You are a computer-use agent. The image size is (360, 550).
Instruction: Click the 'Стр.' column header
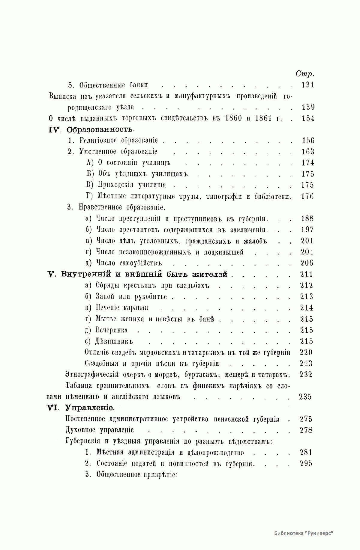305,73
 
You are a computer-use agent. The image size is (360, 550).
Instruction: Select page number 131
307,85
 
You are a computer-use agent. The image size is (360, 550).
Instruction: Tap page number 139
307,107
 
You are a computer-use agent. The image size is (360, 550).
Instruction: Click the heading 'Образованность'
100,129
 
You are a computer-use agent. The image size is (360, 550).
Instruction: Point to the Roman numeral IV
55,129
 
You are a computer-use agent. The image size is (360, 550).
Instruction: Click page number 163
307,152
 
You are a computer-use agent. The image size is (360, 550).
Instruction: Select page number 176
307,197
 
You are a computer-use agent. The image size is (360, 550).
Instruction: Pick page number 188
307,219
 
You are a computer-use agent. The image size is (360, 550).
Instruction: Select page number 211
307,274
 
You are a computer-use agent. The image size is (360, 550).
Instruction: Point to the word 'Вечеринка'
111,330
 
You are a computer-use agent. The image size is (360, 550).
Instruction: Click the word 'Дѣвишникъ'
114,341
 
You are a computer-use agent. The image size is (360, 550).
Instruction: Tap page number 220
306,352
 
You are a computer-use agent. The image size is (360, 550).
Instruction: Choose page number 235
305,397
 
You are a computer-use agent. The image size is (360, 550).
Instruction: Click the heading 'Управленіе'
89,408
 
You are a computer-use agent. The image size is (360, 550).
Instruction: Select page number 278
306,430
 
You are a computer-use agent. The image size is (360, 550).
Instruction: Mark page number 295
306,464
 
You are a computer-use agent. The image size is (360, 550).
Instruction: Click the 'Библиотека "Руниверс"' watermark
304,533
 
